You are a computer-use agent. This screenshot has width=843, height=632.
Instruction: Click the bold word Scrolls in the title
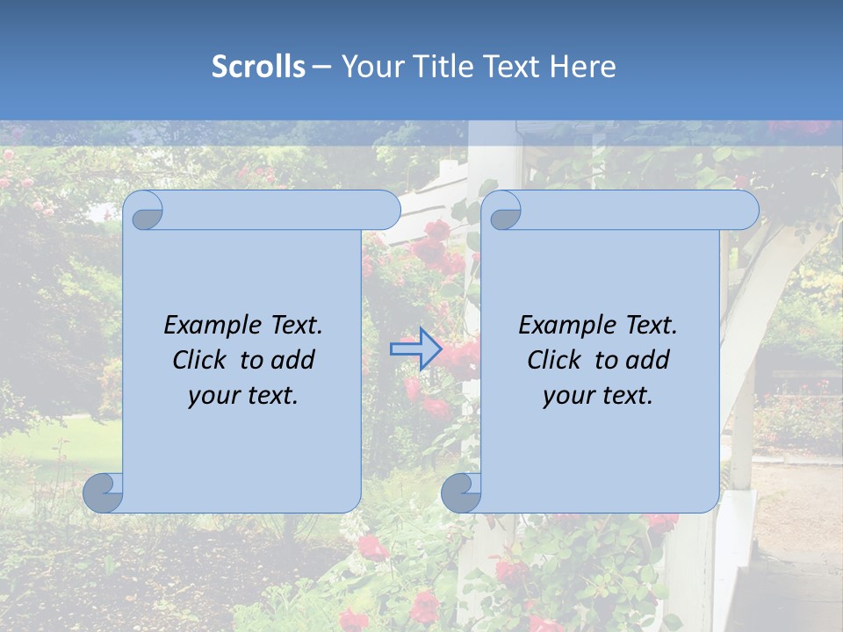[x=258, y=67]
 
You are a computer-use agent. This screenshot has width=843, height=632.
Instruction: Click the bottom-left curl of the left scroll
[x=103, y=492]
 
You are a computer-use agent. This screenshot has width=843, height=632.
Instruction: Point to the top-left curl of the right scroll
[x=504, y=212]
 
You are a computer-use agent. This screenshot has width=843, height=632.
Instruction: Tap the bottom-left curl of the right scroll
[x=461, y=492]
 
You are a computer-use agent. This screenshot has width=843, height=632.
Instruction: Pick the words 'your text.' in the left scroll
[x=243, y=395]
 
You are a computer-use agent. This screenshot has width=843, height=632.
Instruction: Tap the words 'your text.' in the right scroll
[x=598, y=395]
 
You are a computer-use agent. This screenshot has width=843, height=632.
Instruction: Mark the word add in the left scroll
[x=292, y=360]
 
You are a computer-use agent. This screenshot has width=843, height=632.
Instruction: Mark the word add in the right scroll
[x=646, y=360]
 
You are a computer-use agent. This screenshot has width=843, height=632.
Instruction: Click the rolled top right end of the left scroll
[x=386, y=210]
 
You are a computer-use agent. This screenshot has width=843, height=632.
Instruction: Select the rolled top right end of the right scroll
[x=745, y=210]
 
